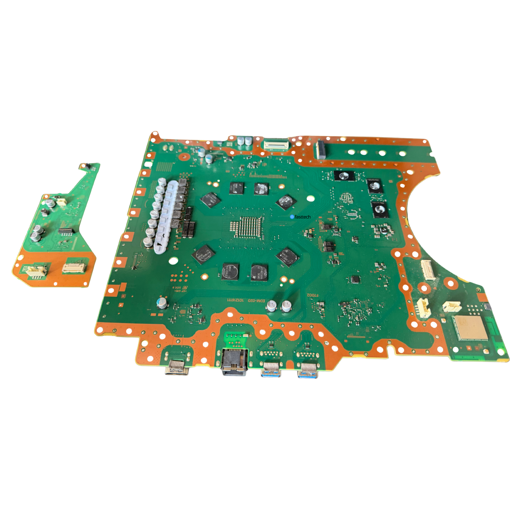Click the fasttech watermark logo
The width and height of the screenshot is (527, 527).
pos(300,217)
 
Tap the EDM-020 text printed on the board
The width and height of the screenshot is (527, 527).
pos(258,300)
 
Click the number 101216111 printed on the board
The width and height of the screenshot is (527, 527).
pos(235,300)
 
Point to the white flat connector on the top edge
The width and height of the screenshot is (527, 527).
pos(276,144)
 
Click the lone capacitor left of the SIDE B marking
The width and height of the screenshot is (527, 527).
pos(162,303)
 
